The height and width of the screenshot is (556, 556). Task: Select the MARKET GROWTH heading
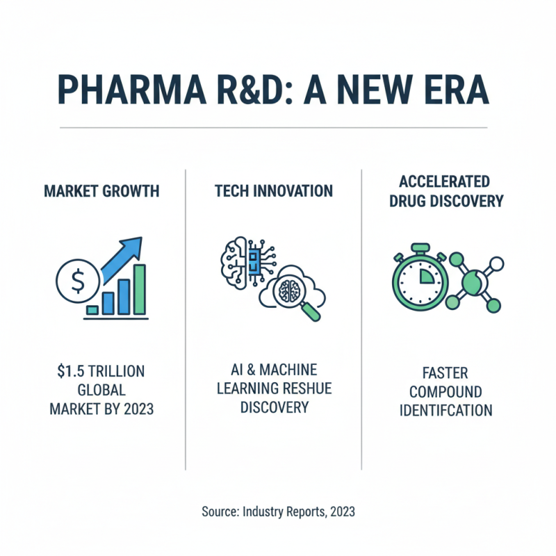point(101,190)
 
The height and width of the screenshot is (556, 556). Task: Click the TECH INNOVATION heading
point(273,190)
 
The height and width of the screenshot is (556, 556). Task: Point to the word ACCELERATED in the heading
point(445,181)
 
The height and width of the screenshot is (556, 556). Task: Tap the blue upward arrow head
point(133,245)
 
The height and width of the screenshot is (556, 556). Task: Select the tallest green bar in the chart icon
point(140,288)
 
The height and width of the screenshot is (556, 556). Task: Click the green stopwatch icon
point(420,278)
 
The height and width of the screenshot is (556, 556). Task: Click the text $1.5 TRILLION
point(101,370)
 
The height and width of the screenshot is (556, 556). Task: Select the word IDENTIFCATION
point(445,409)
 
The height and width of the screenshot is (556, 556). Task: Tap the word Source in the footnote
point(220,512)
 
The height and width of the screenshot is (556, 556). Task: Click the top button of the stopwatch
point(420,247)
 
